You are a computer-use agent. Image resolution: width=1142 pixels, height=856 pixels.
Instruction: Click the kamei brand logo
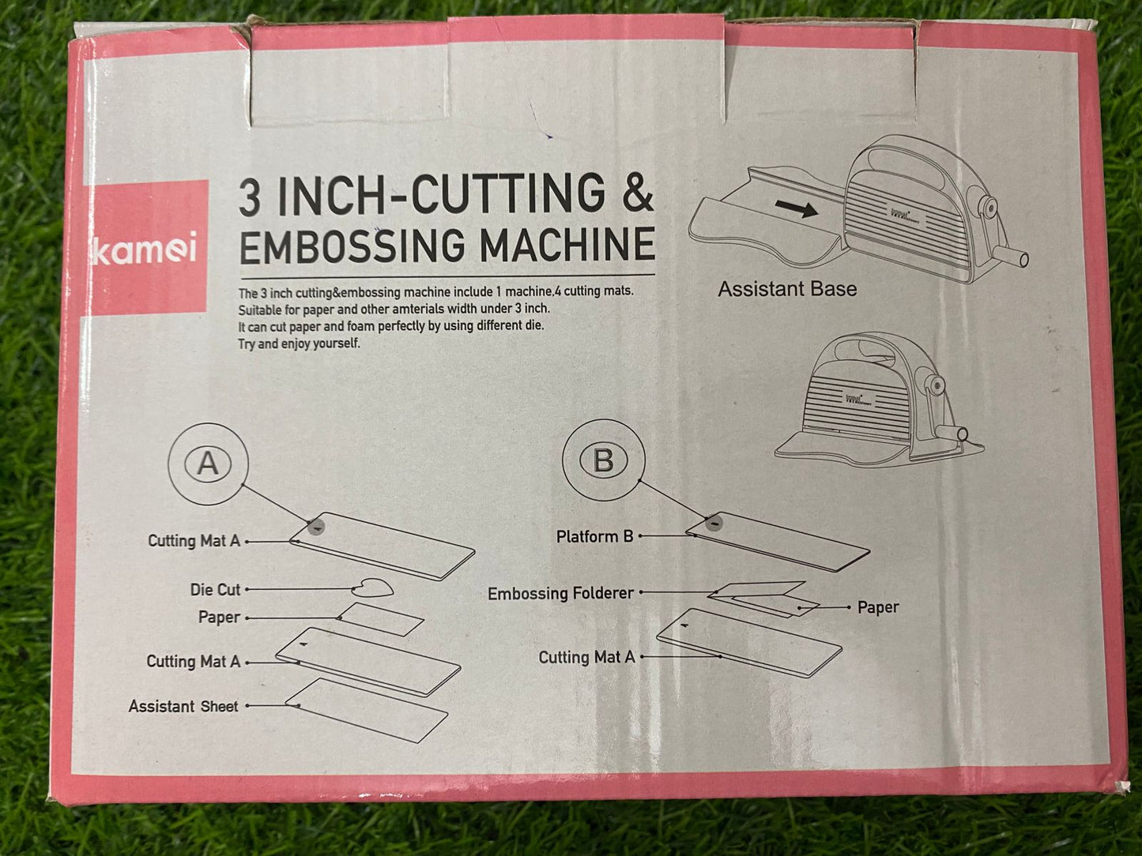(x=145, y=248)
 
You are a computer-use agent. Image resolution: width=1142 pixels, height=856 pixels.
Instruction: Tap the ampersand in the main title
(x=636, y=193)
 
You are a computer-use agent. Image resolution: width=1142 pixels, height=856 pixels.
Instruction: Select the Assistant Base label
(x=787, y=289)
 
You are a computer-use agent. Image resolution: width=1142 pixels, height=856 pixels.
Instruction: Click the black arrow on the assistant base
(x=797, y=208)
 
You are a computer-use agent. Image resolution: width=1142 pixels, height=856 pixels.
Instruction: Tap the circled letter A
(x=208, y=463)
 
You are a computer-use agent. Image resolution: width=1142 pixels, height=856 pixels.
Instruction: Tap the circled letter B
(x=604, y=460)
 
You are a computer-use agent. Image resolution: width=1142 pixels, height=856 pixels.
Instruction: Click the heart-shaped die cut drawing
(x=372, y=588)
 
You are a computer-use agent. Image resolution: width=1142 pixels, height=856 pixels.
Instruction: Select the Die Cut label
(x=216, y=590)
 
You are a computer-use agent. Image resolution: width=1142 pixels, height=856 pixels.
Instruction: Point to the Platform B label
(x=594, y=537)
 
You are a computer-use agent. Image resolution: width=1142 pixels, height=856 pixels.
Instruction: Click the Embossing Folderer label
(x=561, y=593)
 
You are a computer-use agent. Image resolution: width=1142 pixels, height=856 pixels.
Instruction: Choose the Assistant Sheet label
(x=183, y=706)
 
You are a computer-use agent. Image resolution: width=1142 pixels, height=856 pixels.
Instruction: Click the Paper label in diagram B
(x=878, y=607)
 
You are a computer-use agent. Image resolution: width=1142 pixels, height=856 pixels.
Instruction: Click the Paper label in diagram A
(x=219, y=618)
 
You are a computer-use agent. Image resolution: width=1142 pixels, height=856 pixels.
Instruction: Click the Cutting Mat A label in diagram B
(x=587, y=658)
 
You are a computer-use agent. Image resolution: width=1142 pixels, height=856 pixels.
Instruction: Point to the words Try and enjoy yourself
(x=300, y=344)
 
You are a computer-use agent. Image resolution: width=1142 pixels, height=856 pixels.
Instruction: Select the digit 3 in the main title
(x=250, y=198)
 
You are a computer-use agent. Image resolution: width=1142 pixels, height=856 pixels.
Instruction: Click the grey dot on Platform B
(x=714, y=522)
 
